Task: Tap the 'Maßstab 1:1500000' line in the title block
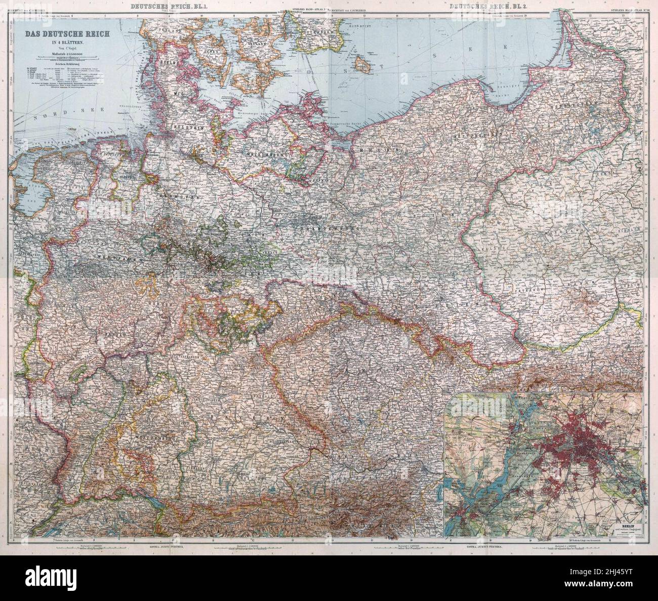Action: point(59,55)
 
